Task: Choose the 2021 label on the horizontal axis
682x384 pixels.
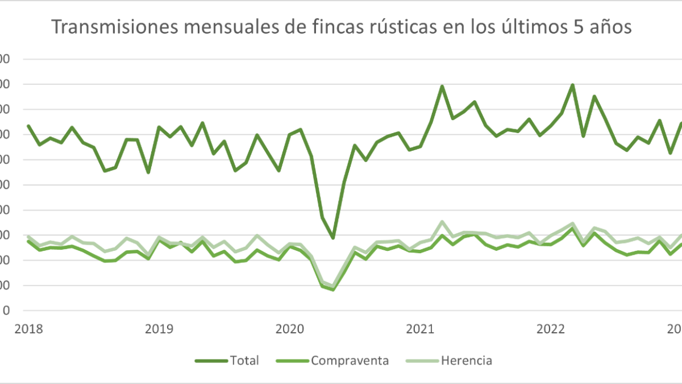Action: pos(421,328)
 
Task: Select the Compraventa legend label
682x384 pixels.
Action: pos(350,361)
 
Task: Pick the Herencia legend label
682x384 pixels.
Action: pos(466,361)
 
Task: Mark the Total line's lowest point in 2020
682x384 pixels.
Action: pos(333,238)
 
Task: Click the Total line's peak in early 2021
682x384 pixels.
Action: pos(442,86)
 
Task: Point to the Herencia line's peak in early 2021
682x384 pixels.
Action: pos(442,222)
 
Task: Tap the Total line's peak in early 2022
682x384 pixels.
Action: pos(572,85)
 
